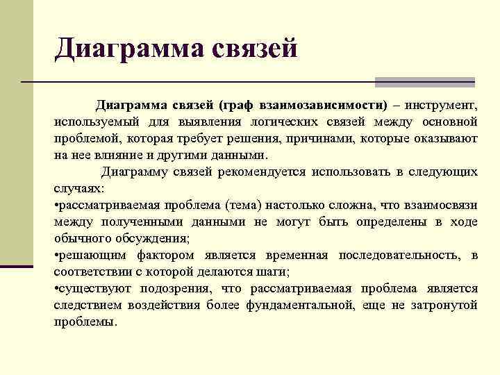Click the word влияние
click(x=124, y=155)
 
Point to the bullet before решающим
click(x=56, y=256)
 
